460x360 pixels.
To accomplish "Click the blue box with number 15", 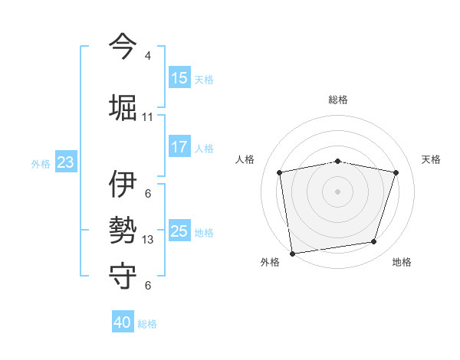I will [179, 77].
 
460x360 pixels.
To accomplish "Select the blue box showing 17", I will [179, 147].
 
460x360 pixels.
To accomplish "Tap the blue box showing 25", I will [179, 231].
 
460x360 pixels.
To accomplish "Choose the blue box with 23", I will [65, 162].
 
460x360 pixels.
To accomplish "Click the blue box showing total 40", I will [123, 322].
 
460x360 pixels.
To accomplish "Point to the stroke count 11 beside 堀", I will [148, 117].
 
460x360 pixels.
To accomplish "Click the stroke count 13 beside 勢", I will [148, 240].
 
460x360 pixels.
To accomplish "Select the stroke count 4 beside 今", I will [148, 56].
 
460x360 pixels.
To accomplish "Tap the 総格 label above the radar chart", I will [338, 100].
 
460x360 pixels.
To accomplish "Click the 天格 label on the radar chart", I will [431, 159].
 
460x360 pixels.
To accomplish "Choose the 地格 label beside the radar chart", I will [402, 262].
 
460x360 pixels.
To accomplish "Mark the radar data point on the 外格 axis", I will [292, 253].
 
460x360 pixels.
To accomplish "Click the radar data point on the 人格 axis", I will [280, 172].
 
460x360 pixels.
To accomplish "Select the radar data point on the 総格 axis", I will [338, 161].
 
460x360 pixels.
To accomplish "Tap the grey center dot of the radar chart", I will [338, 191].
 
